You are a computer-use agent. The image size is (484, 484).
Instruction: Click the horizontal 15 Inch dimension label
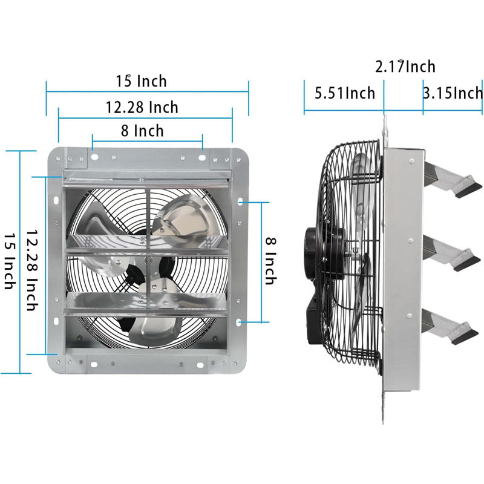point(142,80)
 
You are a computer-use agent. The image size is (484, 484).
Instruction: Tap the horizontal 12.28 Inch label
point(142,107)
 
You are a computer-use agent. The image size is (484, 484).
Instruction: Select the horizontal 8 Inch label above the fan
point(142,130)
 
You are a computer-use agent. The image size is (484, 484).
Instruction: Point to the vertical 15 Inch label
point(9,260)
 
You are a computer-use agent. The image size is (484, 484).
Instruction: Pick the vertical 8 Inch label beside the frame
point(270,260)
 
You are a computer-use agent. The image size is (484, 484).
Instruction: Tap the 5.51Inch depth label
point(345,93)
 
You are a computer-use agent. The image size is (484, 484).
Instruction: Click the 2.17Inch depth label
point(405,67)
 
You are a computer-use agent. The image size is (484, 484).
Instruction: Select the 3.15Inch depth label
point(453,93)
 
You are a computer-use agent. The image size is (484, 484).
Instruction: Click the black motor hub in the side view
point(315,254)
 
